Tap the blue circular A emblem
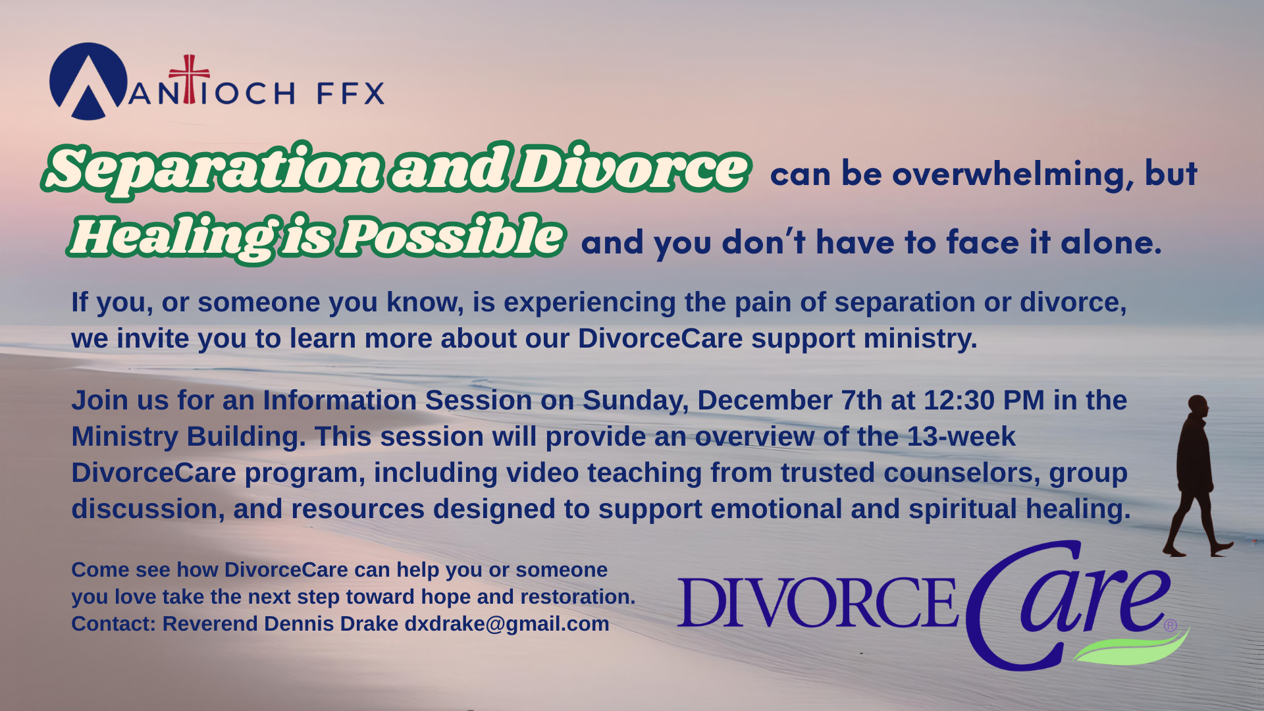click(x=88, y=81)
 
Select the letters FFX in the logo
click(x=351, y=93)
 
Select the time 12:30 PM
click(x=984, y=400)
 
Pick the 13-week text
click(x=961, y=436)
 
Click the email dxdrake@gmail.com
click(x=507, y=623)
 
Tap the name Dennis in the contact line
click(x=300, y=623)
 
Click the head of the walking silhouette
click(x=1198, y=406)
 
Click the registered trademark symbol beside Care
click(x=1170, y=625)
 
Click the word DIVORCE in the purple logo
click(x=817, y=602)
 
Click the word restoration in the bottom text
click(x=578, y=596)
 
